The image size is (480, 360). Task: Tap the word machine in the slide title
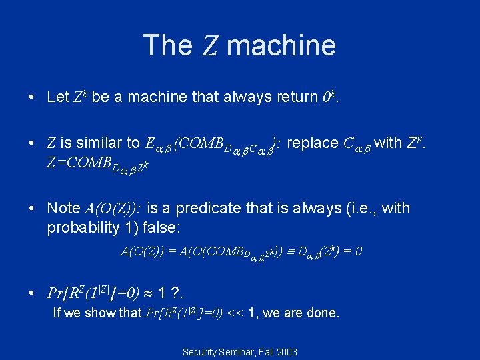(x=281, y=45)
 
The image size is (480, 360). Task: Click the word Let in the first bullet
(x=58, y=97)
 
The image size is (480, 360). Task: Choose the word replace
(x=315, y=143)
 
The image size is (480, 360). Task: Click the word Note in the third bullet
(x=63, y=208)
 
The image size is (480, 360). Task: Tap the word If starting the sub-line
(x=57, y=312)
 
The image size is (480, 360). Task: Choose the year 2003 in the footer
(x=285, y=351)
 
